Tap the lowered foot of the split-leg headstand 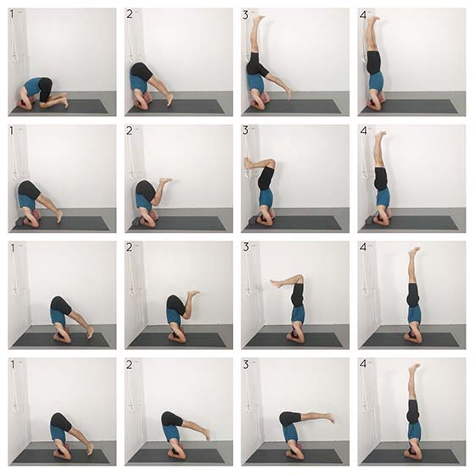(x=289, y=93)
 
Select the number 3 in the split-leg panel (x=245, y=14)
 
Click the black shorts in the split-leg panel (x=256, y=65)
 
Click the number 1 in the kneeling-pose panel (x=12, y=14)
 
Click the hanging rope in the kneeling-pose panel (x=14, y=36)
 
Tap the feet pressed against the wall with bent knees (x=248, y=163)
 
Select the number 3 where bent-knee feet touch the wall (x=245, y=130)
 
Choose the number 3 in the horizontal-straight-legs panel (x=245, y=365)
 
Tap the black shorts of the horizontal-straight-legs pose (x=290, y=419)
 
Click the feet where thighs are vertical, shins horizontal (x=276, y=284)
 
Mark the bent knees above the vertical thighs (x=300, y=278)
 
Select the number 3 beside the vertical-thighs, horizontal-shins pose (x=245, y=247)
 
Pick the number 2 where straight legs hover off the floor (x=130, y=365)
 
